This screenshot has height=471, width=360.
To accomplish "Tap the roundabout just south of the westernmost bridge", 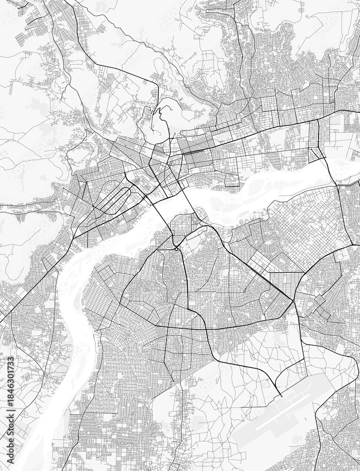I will pos(175,248).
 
